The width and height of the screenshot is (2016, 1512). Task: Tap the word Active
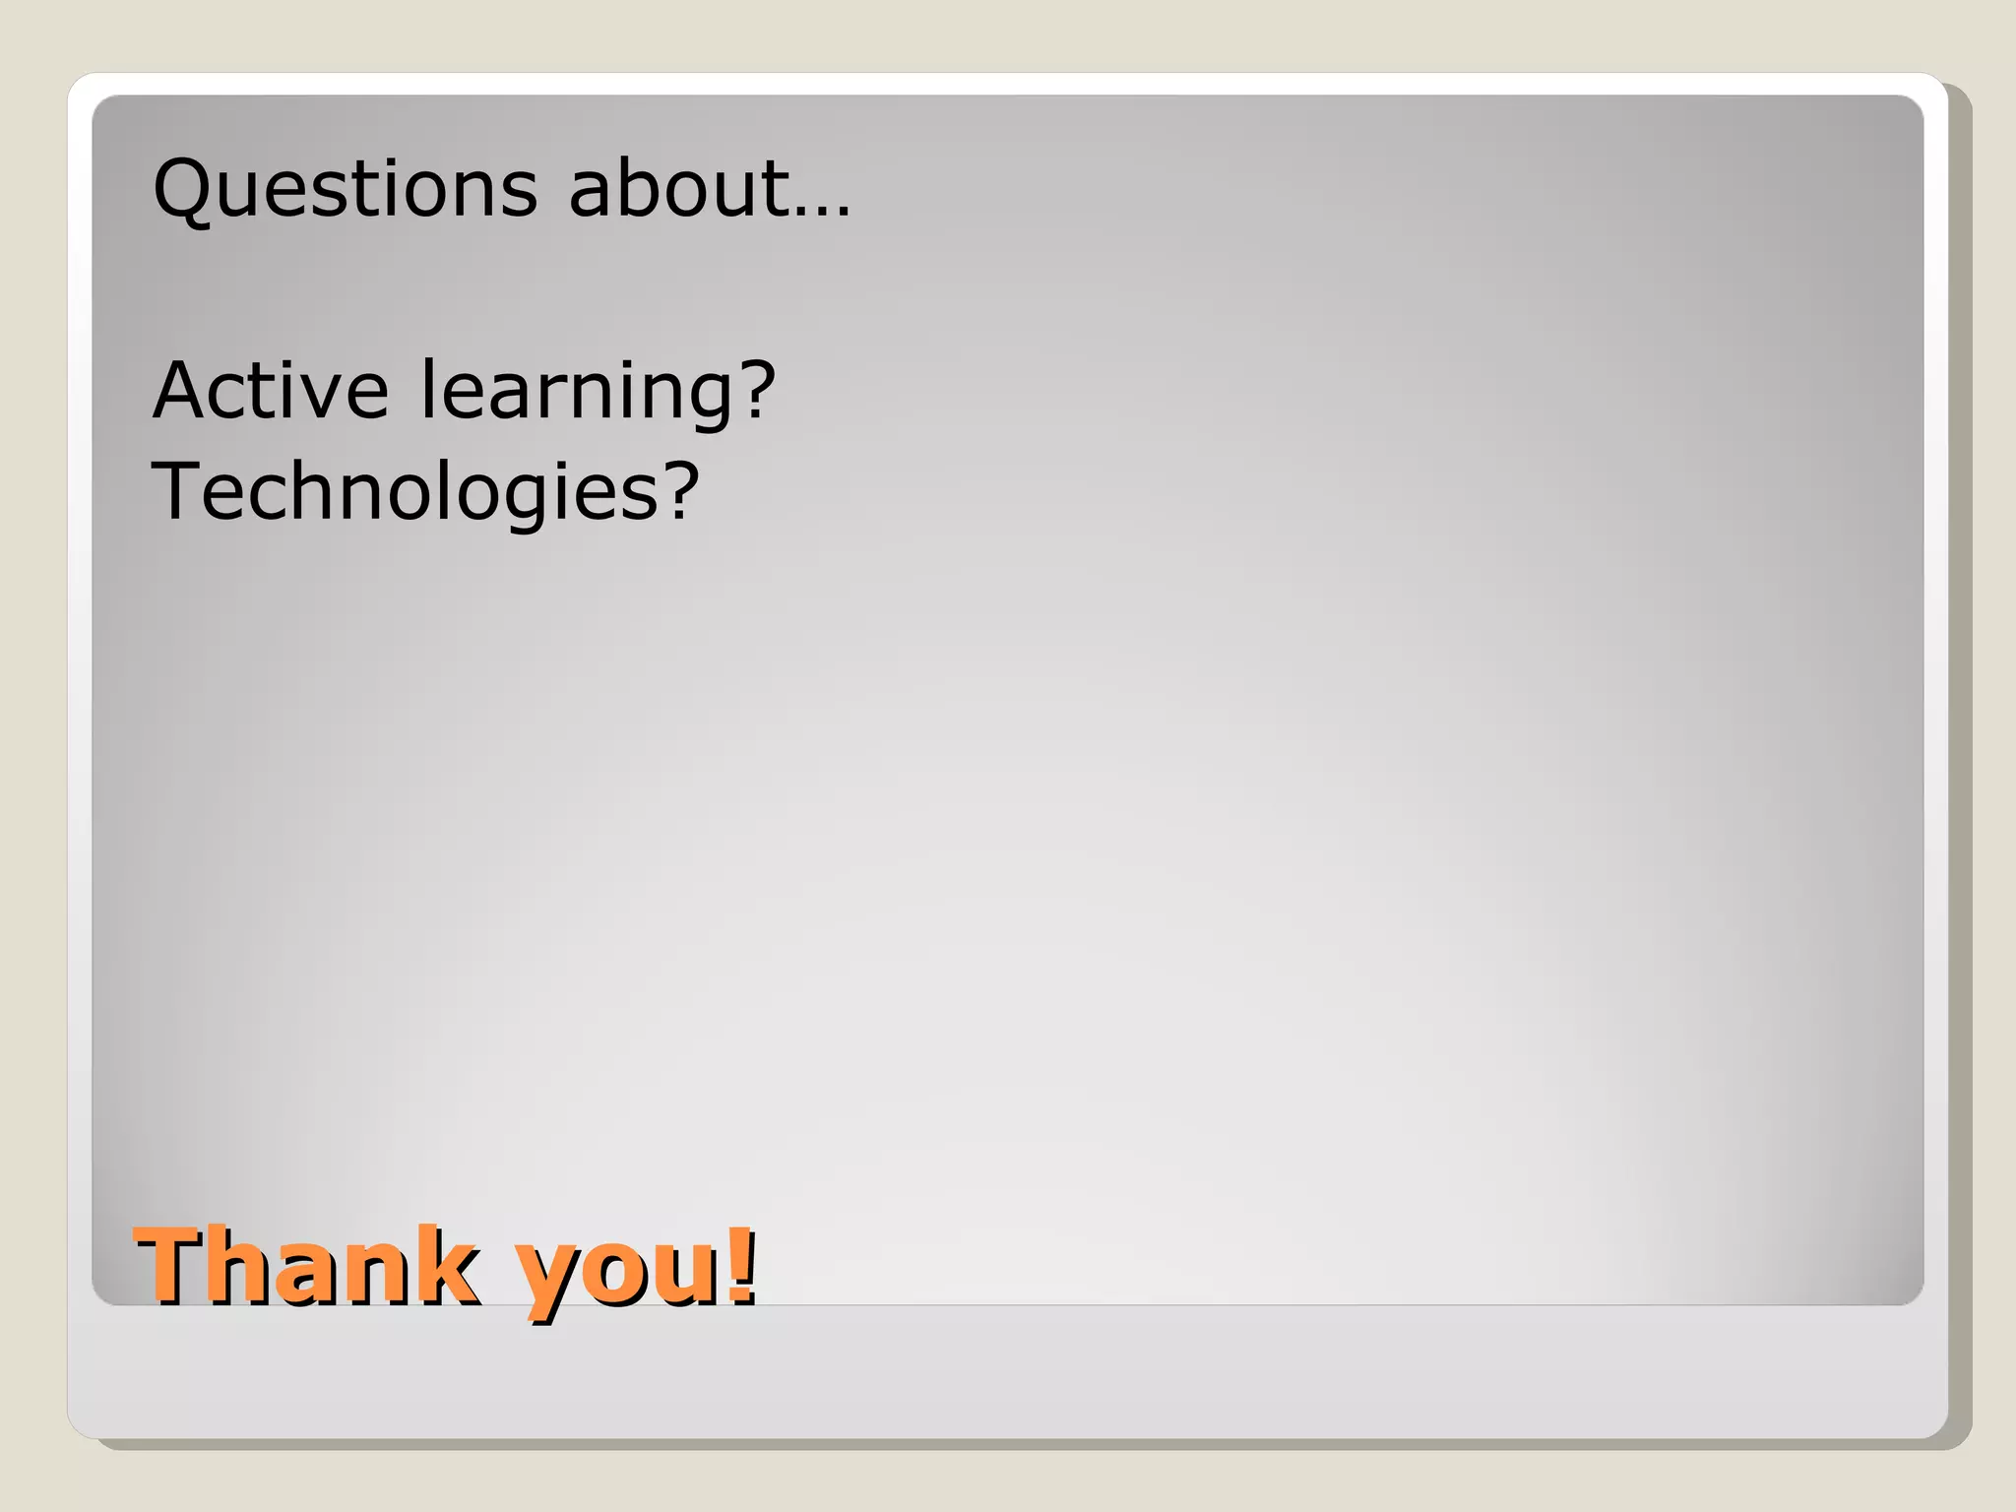[x=271, y=390]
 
